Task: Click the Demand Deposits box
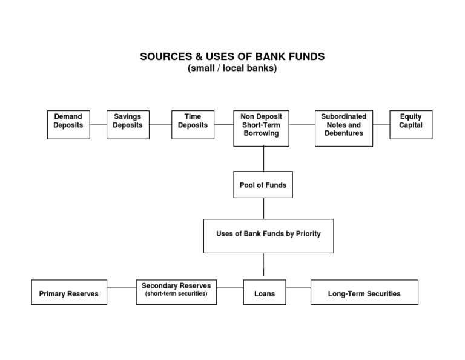(68, 124)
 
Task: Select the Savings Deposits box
(128, 124)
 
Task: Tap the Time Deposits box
(193, 124)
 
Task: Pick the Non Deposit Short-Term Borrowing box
(261, 128)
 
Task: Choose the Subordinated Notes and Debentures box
(343, 128)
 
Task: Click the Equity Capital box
(411, 124)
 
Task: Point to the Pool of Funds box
(263, 184)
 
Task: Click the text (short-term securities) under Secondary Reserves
(176, 294)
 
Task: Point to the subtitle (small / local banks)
(232, 68)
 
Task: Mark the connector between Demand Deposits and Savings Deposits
(98, 125)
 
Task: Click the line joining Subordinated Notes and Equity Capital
(381, 125)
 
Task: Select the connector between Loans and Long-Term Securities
(298, 288)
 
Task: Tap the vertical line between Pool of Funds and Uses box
(263, 208)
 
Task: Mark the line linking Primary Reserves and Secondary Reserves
(122, 288)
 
